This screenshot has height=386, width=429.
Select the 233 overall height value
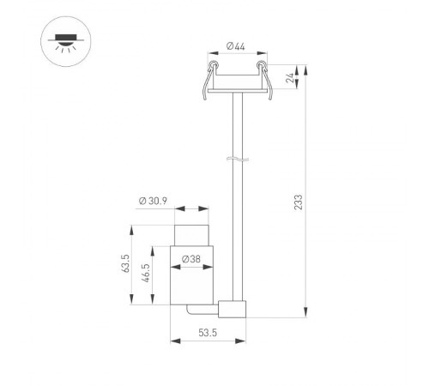pos(298,202)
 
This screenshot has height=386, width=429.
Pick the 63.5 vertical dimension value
pos(125,264)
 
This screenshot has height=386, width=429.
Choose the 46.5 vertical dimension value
pos(147,274)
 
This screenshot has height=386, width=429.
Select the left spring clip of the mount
pos(206,80)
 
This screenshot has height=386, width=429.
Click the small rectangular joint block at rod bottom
pos(233,309)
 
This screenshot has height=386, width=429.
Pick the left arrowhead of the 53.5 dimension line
pos(175,341)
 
